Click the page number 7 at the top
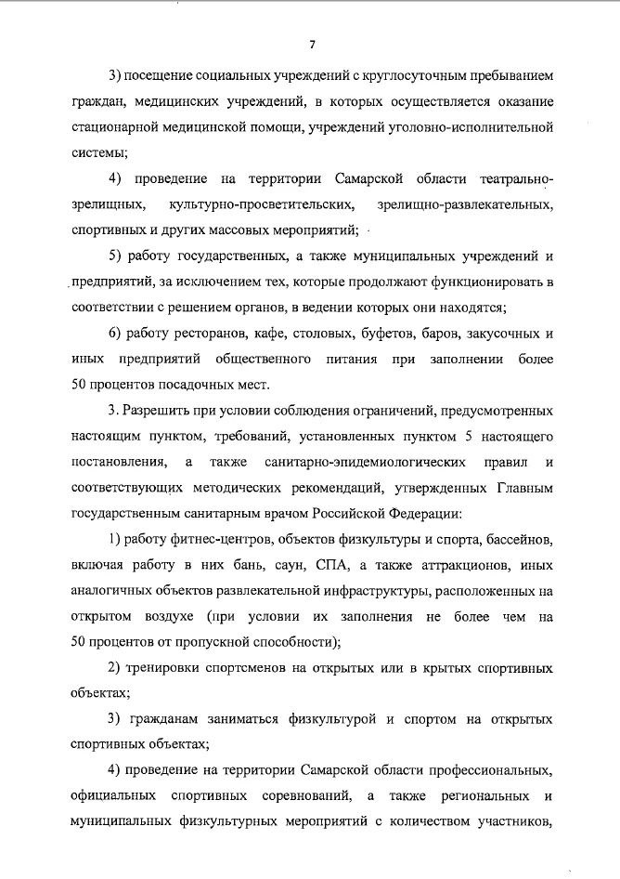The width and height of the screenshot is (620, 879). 313,44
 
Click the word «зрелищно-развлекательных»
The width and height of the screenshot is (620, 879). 466,203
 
